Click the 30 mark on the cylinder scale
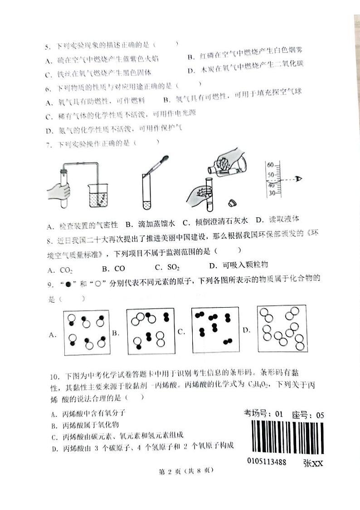272,193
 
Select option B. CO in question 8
113,269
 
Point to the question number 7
49,145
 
